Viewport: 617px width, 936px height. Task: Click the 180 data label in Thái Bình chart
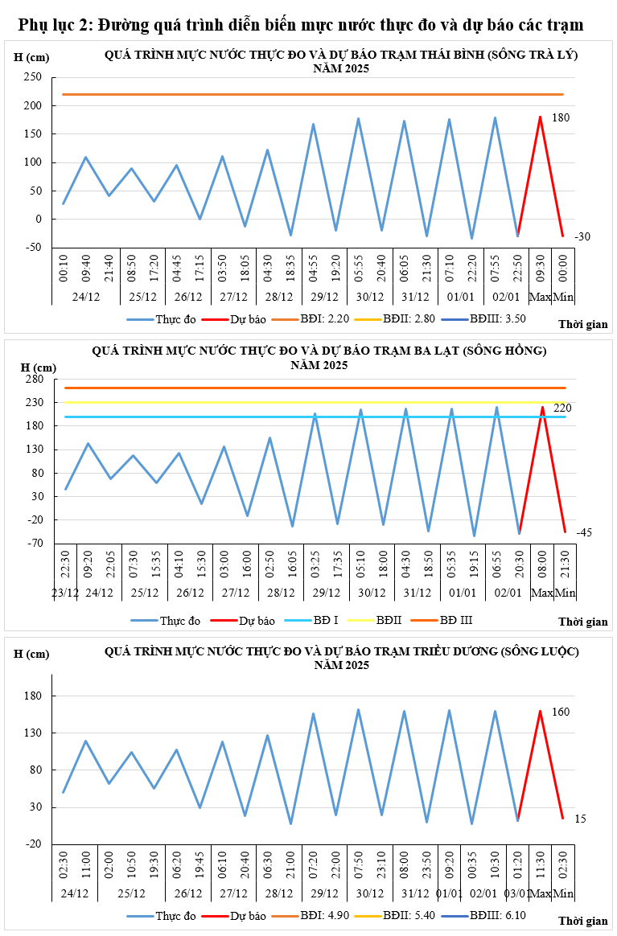click(x=561, y=118)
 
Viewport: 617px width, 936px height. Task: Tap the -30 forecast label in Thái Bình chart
click(x=582, y=237)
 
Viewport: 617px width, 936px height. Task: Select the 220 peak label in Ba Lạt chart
click(x=562, y=408)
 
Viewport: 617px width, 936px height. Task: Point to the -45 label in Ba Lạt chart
click(x=584, y=532)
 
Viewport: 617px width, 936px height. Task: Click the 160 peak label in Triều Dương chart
click(x=561, y=712)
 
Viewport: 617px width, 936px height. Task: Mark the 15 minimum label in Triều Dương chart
click(x=581, y=819)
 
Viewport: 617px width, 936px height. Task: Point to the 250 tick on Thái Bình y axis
click(x=33, y=77)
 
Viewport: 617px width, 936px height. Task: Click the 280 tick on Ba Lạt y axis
click(x=33, y=380)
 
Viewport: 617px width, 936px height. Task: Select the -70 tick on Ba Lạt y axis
click(x=35, y=544)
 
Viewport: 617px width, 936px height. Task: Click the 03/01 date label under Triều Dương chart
click(x=516, y=893)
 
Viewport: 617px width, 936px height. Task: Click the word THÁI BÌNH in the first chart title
click(x=438, y=55)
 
